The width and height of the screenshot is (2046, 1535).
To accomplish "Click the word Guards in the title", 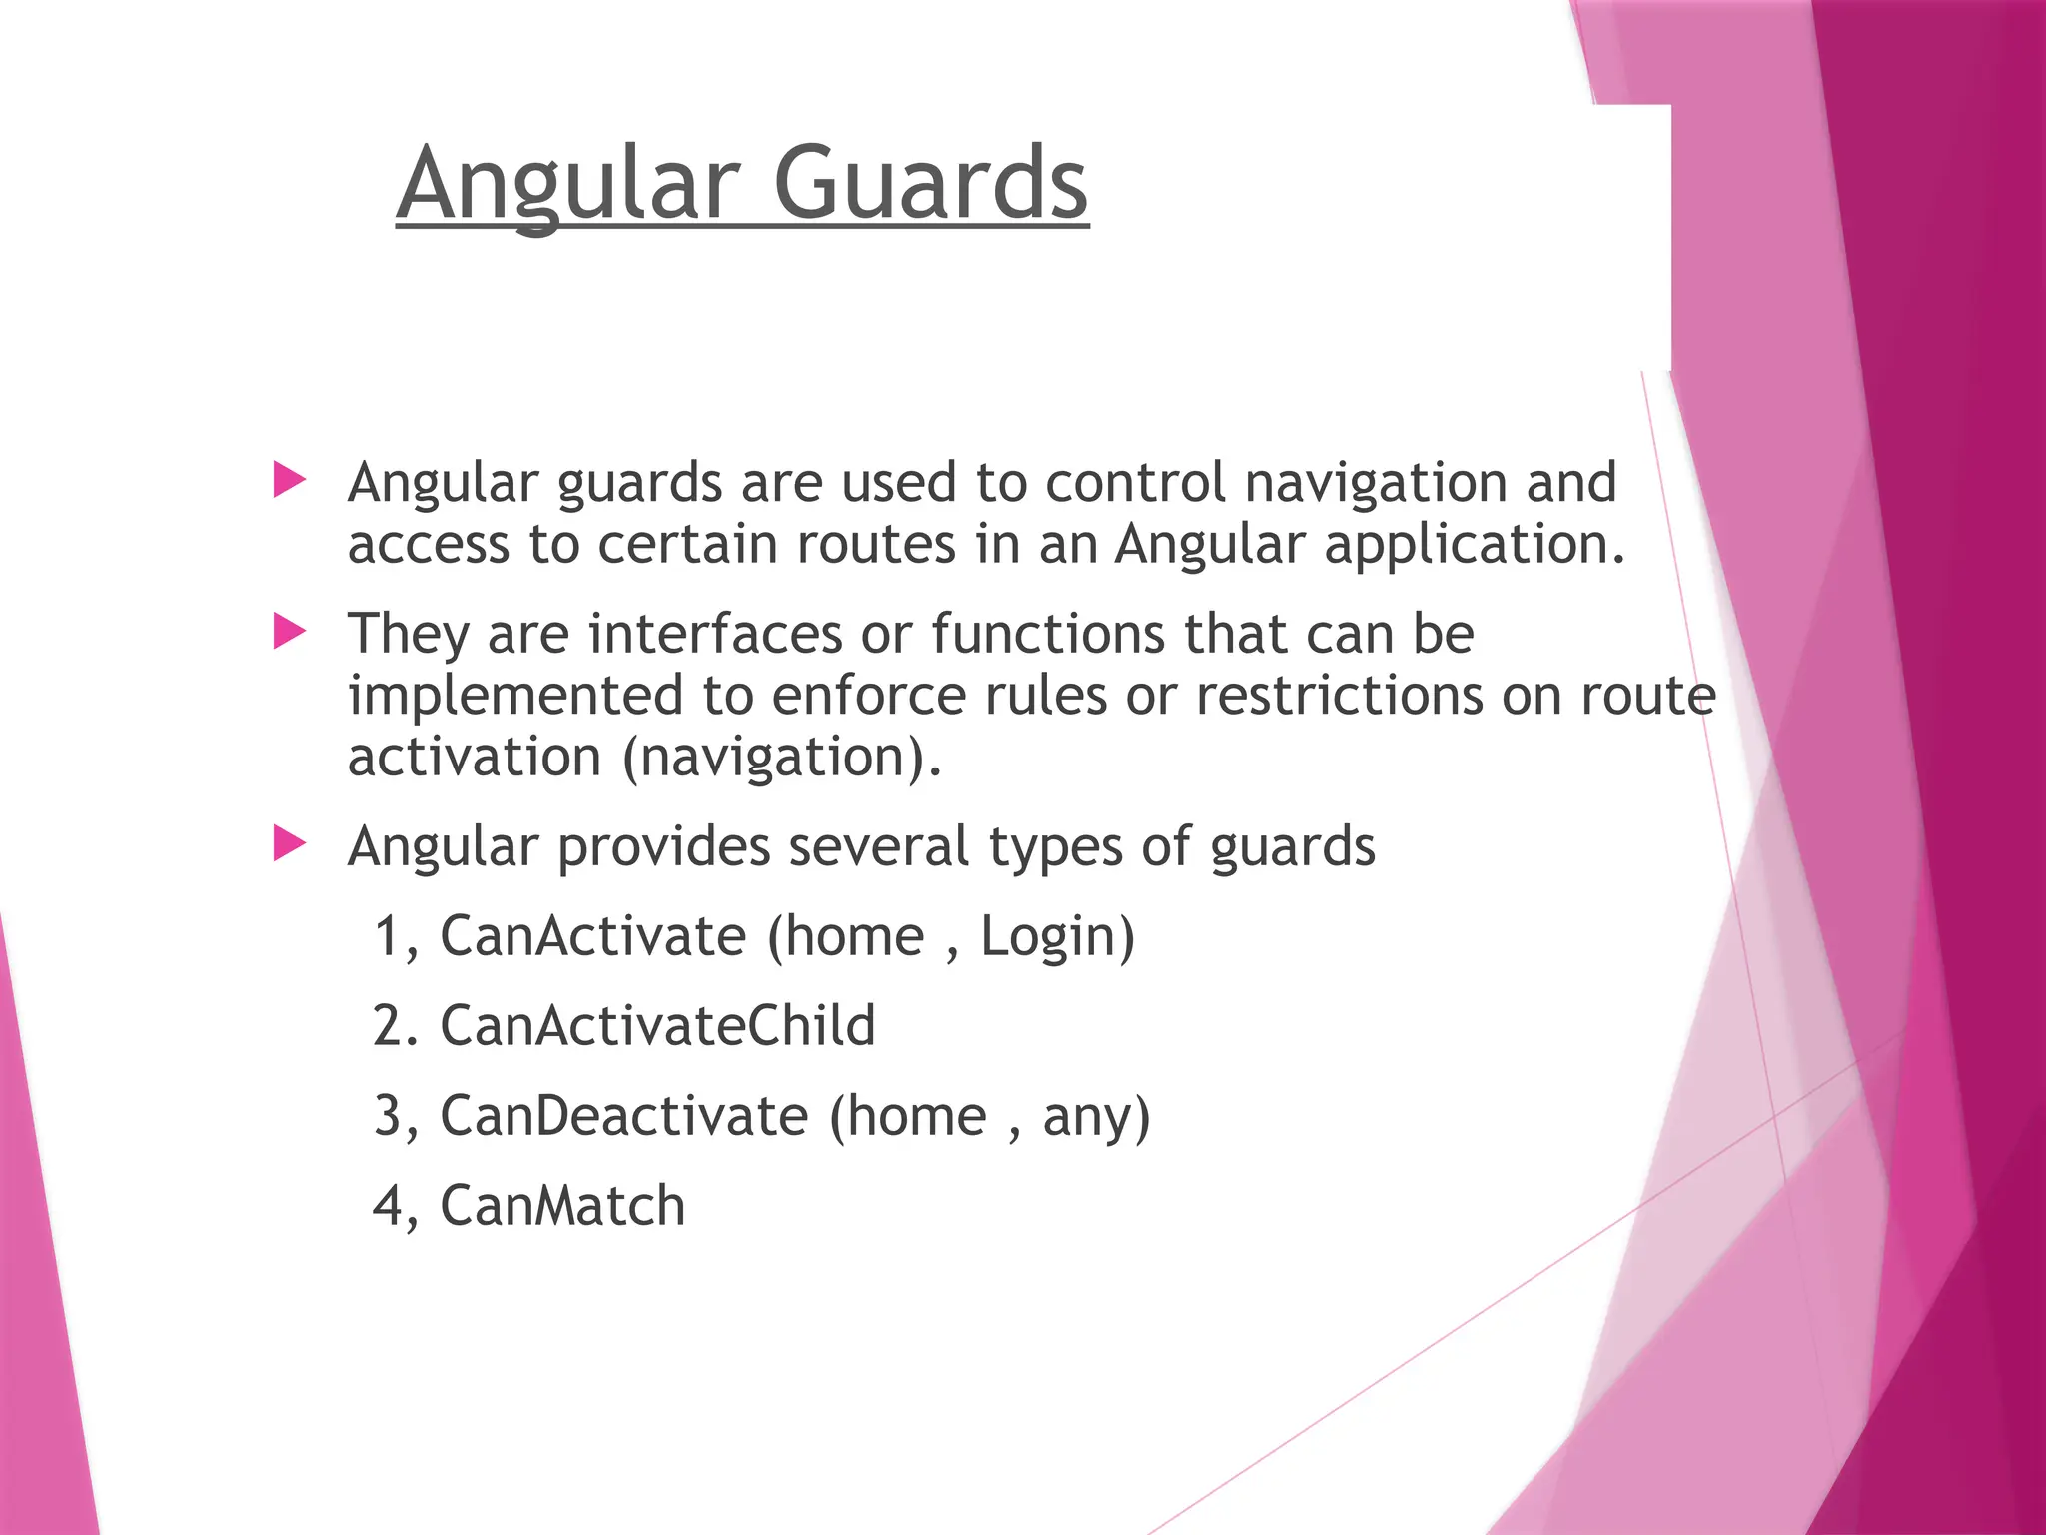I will coord(930,183).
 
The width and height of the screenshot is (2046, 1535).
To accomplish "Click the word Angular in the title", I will coord(567,185).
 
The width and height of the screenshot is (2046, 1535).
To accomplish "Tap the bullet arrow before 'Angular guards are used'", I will coord(289,480).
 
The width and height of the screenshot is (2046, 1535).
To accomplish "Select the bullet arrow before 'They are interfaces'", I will coord(289,631).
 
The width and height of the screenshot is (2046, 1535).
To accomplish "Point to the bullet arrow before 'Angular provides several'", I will coord(289,844).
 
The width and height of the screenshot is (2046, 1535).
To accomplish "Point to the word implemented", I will coord(514,698).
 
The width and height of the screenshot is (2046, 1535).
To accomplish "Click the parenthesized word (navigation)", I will coord(781,759).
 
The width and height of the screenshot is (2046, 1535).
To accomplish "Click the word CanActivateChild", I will coord(657,1026).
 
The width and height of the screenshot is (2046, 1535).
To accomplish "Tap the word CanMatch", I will coord(562,1206).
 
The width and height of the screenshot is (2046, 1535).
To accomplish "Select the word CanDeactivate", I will coord(624,1116).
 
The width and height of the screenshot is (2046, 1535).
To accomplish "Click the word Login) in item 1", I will coord(1057,938).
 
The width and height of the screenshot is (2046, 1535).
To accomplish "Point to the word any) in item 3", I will coord(1096,1118).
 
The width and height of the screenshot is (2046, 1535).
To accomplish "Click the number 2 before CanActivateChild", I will coord(387,1026).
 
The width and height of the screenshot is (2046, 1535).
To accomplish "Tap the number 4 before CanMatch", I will coord(387,1206).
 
